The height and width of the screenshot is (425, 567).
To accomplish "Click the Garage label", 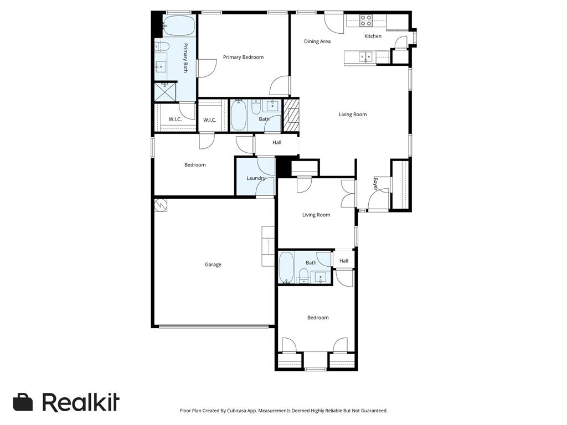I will tap(213, 265).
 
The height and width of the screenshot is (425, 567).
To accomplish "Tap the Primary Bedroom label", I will tap(243, 57).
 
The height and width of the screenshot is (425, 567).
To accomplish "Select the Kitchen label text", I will tap(373, 37).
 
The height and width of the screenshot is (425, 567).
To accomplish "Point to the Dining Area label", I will tap(317, 42).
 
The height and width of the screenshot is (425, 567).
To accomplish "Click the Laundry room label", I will tap(256, 178).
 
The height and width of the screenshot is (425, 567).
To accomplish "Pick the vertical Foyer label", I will tap(375, 184).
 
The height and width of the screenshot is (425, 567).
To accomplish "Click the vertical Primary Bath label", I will tap(185, 58).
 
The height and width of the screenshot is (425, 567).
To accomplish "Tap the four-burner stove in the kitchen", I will tap(366, 20).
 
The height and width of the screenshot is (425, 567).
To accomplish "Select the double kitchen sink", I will tap(365, 56).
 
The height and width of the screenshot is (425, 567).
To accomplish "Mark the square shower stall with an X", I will tap(164, 92).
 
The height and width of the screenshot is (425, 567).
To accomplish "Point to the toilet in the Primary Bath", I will tap(161, 46).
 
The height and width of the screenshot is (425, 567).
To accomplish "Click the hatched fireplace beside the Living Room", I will tap(291, 115).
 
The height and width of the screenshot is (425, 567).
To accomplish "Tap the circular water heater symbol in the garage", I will tap(161, 205).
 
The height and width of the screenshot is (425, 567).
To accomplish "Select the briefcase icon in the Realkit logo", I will tap(23, 402).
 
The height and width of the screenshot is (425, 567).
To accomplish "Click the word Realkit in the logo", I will tap(81, 402).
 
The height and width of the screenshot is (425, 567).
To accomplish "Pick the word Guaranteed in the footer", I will tap(372, 411).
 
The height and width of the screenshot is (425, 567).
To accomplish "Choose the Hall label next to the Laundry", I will tap(277, 142).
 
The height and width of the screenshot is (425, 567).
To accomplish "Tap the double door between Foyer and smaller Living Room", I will tap(349, 194).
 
